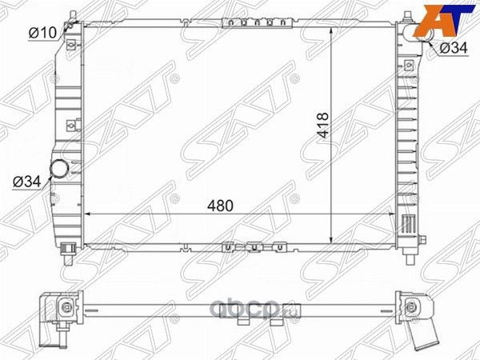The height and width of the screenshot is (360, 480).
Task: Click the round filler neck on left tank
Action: [x=59, y=168]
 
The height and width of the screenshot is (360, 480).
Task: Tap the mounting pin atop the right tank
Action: [x=407, y=15]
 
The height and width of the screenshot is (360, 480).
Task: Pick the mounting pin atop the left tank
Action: [x=73, y=15]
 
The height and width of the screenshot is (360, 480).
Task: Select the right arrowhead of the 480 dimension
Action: [x=391, y=214]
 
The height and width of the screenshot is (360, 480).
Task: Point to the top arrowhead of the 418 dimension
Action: [x=330, y=26]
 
